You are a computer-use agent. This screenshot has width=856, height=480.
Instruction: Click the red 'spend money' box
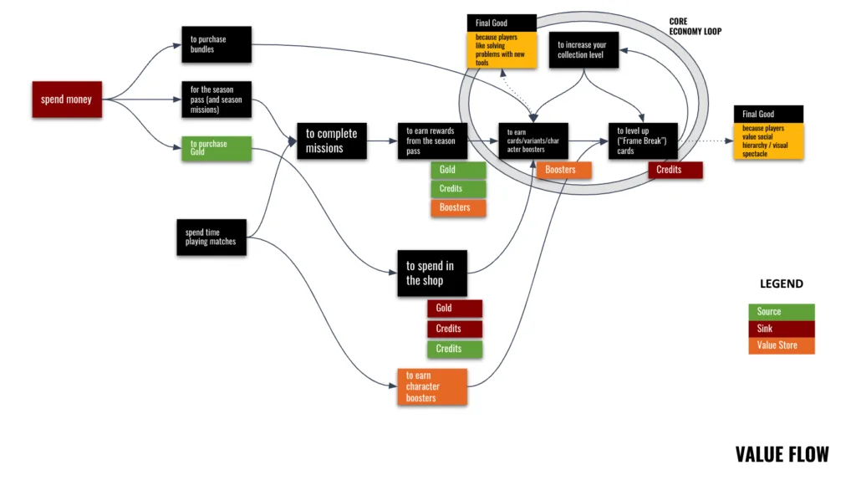(66, 100)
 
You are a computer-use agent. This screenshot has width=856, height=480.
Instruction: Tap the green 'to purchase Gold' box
(216, 148)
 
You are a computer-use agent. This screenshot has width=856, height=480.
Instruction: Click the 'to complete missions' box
(331, 140)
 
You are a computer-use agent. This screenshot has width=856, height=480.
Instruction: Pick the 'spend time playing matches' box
(211, 237)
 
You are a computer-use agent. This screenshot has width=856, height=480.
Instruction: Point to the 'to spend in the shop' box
(431, 273)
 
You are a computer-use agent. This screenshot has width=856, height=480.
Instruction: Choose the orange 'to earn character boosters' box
(431, 386)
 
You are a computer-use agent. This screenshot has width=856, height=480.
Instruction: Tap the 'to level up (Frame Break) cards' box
(641, 140)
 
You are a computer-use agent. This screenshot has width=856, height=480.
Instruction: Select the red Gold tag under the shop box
(454, 309)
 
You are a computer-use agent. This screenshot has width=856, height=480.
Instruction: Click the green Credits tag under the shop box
(454, 349)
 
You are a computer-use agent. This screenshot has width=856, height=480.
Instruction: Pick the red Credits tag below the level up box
(675, 170)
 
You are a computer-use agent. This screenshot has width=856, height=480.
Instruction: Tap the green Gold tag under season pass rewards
(457, 170)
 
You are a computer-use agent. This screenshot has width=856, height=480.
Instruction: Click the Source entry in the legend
(781, 312)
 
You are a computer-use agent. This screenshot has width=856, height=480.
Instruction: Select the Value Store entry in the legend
(781, 345)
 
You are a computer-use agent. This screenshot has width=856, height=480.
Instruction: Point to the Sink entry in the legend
(781, 329)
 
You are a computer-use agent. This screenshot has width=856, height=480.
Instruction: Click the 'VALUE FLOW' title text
(782, 454)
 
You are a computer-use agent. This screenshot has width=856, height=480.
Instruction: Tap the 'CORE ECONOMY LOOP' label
(695, 26)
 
